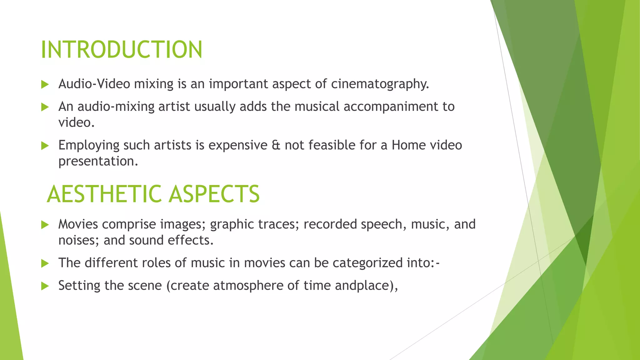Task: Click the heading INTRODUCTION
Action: pos(122,50)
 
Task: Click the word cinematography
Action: pos(380,84)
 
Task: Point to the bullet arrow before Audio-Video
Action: pos(45,84)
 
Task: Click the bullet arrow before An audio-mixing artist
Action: pos(45,107)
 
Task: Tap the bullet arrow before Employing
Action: pos(45,146)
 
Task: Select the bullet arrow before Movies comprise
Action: pos(45,225)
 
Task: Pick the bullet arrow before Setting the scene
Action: pos(45,286)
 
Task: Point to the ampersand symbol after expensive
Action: pos(276,145)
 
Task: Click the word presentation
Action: pos(98,162)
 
